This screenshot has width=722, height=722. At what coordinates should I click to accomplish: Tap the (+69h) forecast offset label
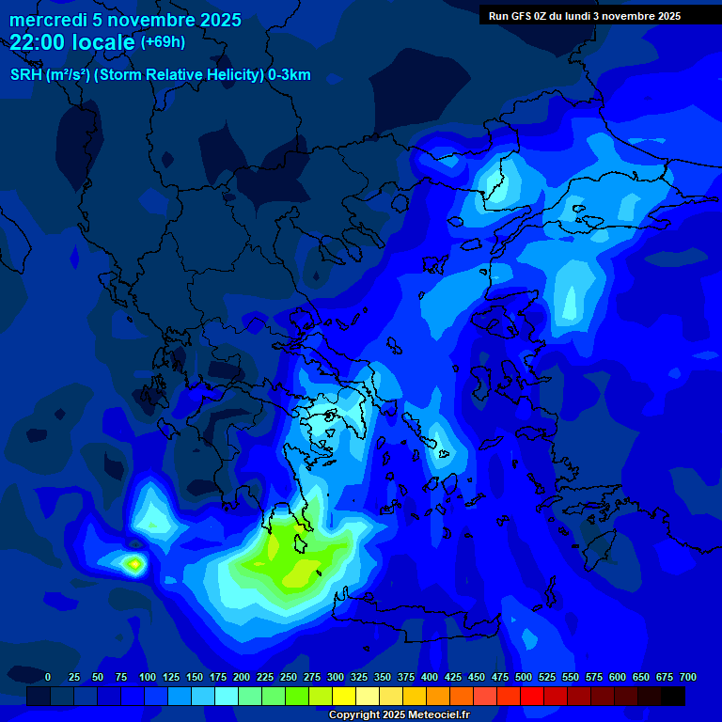click(163, 42)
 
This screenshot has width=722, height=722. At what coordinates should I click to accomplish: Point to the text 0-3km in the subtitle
click(290, 75)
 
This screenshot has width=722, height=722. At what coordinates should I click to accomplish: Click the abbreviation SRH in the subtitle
click(25, 75)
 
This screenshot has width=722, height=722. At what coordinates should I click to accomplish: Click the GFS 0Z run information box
click(585, 16)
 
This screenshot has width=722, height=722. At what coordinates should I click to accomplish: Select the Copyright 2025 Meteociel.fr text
click(399, 715)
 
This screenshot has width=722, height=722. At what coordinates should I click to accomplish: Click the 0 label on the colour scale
click(48, 677)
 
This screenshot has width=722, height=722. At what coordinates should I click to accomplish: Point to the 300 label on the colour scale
click(336, 677)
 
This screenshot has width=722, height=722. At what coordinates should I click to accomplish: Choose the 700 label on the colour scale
click(688, 677)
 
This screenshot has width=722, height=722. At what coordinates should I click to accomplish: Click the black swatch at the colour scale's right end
click(672, 696)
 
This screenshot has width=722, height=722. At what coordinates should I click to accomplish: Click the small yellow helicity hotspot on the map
click(134, 564)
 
